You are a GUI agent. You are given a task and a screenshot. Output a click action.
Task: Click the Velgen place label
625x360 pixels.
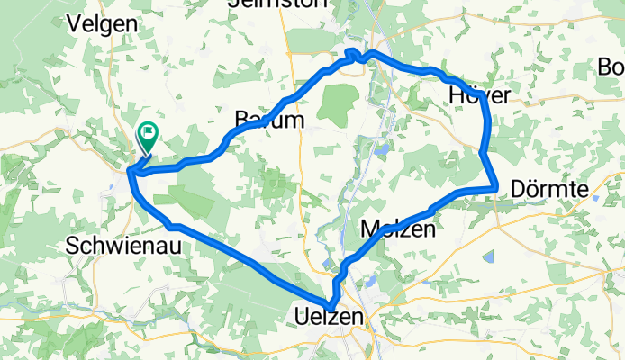click(104, 23)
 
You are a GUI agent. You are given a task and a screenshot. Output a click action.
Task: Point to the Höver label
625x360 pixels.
click(478, 94)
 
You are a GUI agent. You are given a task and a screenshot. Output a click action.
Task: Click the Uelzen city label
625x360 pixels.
click(329, 317)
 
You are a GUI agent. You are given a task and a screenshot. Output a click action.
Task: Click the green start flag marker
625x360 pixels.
click(147, 136)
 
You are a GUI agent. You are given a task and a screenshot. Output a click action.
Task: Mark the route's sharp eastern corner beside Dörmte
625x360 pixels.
click(496, 187)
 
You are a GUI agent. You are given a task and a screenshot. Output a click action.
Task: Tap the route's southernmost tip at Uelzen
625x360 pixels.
click(331, 306)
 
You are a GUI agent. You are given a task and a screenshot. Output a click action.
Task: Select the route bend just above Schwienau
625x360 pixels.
click(171, 225)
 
